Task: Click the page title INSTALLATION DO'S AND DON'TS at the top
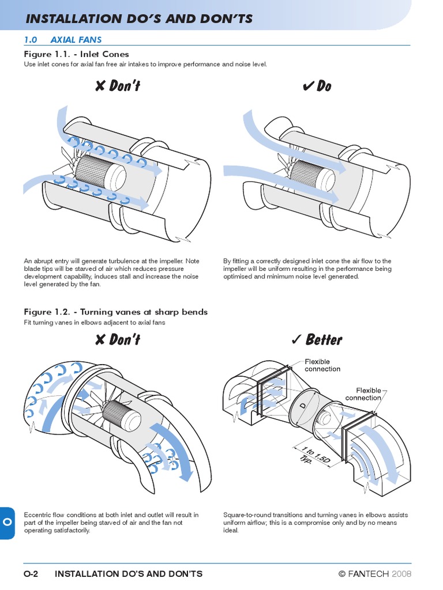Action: click(x=139, y=19)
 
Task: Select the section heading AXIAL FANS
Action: click(x=76, y=40)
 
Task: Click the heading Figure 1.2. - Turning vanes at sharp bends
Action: click(x=115, y=312)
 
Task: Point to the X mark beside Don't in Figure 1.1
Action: click(x=100, y=86)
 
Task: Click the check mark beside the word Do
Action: click(x=308, y=86)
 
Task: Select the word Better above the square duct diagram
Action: click(x=324, y=339)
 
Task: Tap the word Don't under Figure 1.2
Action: click(x=125, y=339)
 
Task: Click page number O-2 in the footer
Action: click(x=31, y=573)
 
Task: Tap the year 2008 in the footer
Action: click(x=402, y=573)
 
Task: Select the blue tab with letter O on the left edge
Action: click(x=7, y=521)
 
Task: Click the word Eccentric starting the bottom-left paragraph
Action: click(x=37, y=515)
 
